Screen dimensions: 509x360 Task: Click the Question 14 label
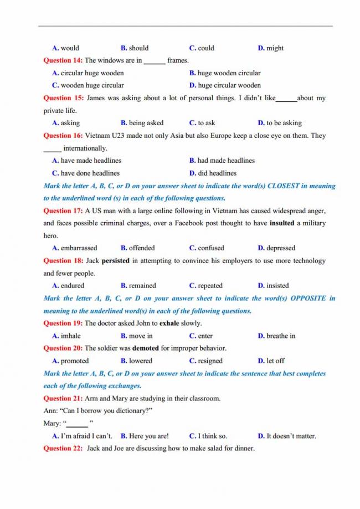coord(63,60)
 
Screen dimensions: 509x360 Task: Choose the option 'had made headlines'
coord(225,161)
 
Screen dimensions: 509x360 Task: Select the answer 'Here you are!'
coord(148,436)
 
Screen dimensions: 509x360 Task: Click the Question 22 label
coord(63,449)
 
